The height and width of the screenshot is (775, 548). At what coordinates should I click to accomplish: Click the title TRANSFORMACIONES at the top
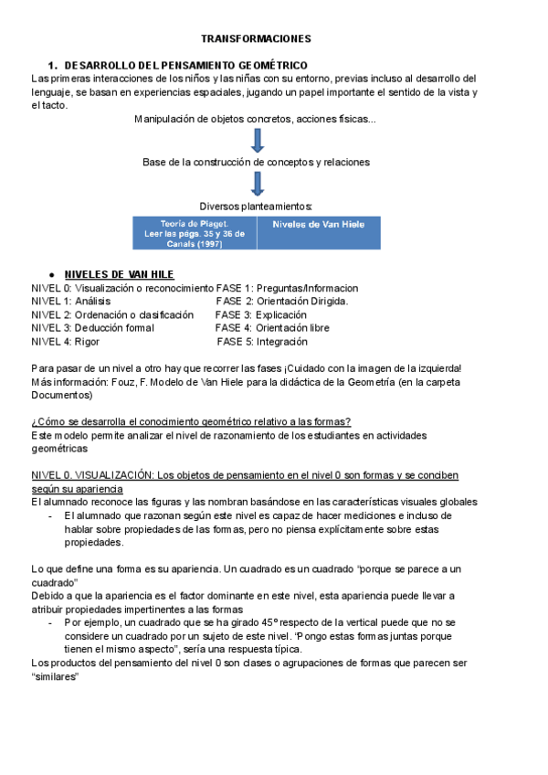256,39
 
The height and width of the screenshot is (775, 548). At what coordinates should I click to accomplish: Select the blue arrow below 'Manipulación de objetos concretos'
258,140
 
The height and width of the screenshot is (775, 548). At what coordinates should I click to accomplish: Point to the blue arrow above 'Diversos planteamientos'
258,183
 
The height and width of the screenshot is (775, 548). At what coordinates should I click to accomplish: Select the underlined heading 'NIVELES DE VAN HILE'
119,274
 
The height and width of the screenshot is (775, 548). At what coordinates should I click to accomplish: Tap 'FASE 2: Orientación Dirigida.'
282,301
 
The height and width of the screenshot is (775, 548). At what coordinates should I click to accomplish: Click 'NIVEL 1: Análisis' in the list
72,301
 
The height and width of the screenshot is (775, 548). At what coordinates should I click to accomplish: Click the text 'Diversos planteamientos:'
257,206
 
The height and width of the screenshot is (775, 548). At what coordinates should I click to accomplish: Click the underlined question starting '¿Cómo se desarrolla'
191,421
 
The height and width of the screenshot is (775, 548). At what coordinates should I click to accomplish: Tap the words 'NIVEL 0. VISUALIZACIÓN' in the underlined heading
91,475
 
